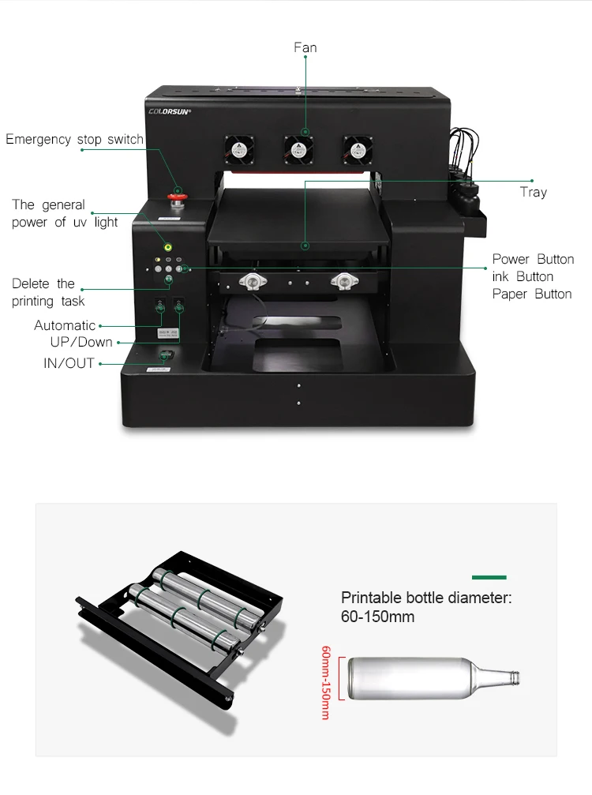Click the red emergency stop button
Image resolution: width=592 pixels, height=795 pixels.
[x=178, y=197]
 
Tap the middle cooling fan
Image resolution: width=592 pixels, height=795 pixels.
[x=298, y=150]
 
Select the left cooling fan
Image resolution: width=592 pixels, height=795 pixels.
[x=240, y=150]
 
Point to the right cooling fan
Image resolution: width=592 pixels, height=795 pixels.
[x=358, y=150]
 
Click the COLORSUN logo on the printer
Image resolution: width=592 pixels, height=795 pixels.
[x=169, y=111]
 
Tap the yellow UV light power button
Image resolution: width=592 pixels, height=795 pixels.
[x=168, y=247]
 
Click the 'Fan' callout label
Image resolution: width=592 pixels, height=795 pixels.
[x=305, y=47]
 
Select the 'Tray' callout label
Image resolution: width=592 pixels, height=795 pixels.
[x=534, y=192]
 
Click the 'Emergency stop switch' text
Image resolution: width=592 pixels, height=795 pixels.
[x=74, y=140]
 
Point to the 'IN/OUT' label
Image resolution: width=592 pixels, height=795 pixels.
[x=69, y=363]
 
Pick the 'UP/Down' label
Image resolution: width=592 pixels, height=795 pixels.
[x=81, y=342]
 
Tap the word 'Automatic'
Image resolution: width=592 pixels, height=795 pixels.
[x=65, y=325]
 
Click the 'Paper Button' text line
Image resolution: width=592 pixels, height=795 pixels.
[x=532, y=294]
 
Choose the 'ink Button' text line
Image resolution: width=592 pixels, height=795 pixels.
[x=523, y=277]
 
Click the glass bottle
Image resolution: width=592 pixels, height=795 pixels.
[x=434, y=678]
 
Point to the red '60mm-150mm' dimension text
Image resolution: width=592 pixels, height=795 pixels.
[x=326, y=682]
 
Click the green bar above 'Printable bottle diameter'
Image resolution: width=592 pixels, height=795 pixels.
[x=489, y=577]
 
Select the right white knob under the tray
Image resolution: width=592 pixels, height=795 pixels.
[x=344, y=281]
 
